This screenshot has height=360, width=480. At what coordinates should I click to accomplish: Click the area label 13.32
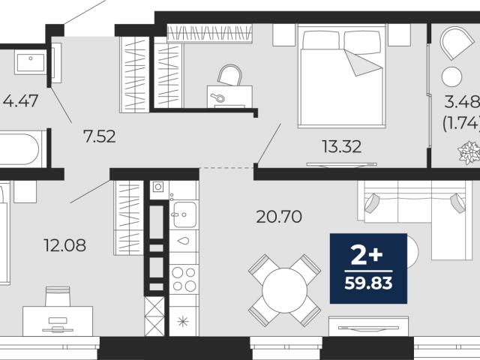coord(342,147)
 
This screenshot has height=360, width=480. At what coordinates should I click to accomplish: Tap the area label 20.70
coord(279,217)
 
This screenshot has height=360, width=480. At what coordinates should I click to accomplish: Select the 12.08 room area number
coord(65,245)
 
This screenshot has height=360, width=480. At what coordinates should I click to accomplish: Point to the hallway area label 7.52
coord(100,136)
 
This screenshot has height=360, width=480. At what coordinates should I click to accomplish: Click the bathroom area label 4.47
coord(20,100)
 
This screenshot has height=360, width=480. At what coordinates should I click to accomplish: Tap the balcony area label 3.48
coord(462,102)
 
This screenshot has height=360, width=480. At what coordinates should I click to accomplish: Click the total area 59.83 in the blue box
coord(368,283)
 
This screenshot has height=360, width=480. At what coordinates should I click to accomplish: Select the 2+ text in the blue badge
coord(367,256)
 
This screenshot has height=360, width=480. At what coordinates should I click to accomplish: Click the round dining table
coord(285,290)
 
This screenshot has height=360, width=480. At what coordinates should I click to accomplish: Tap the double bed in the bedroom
coord(342,76)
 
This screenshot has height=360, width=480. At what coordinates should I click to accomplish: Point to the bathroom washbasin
coord(30,62)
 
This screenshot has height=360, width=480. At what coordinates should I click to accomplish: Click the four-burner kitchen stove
coord(184,278)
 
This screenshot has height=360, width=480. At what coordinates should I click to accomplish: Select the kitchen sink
coord(184,214)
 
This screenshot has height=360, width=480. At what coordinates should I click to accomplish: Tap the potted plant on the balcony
coord(469,152)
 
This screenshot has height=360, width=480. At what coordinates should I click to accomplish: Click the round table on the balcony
coord(451,76)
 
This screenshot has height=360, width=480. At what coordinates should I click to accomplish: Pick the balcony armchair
coord(457,43)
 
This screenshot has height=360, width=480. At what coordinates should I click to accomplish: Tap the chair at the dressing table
coord(230,75)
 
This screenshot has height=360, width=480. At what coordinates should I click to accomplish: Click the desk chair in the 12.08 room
coord(58,296)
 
